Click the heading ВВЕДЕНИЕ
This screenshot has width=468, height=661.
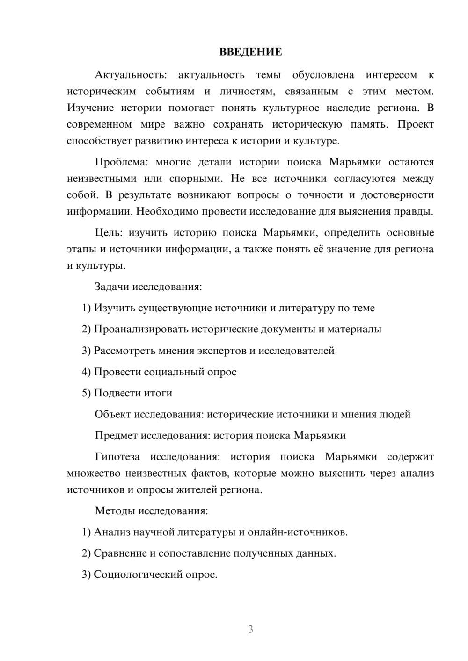250,52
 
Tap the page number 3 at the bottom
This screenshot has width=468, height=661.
250,629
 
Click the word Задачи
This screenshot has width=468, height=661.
112,287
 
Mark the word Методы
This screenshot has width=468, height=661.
115,510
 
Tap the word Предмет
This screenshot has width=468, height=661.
117,436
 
